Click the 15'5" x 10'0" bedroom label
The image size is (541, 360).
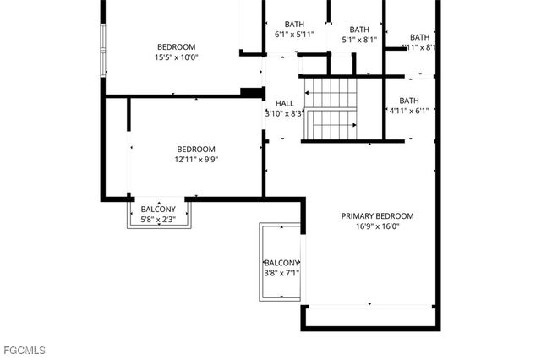[x=176, y=46]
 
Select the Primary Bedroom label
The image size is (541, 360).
[x=377, y=215]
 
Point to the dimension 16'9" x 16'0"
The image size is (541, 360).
[x=377, y=226]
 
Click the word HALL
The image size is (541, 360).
[x=285, y=103]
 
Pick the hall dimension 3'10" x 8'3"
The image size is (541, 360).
[x=284, y=113]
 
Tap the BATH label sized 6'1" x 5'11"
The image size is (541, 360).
[x=294, y=24]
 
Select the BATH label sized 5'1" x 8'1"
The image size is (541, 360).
[x=359, y=29]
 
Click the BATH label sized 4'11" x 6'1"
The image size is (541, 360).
[x=409, y=101]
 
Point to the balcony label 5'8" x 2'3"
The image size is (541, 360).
[x=158, y=209]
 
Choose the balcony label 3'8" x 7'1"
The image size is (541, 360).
[x=281, y=263]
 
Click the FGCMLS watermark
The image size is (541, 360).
[x=24, y=349]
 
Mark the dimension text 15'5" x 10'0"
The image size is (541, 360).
[x=176, y=57]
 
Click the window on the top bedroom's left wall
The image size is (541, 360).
[x=102, y=51]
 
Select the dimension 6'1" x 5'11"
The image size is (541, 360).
[x=294, y=35]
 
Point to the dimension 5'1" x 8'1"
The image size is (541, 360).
[x=359, y=39]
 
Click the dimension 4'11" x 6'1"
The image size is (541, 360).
[x=409, y=111]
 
